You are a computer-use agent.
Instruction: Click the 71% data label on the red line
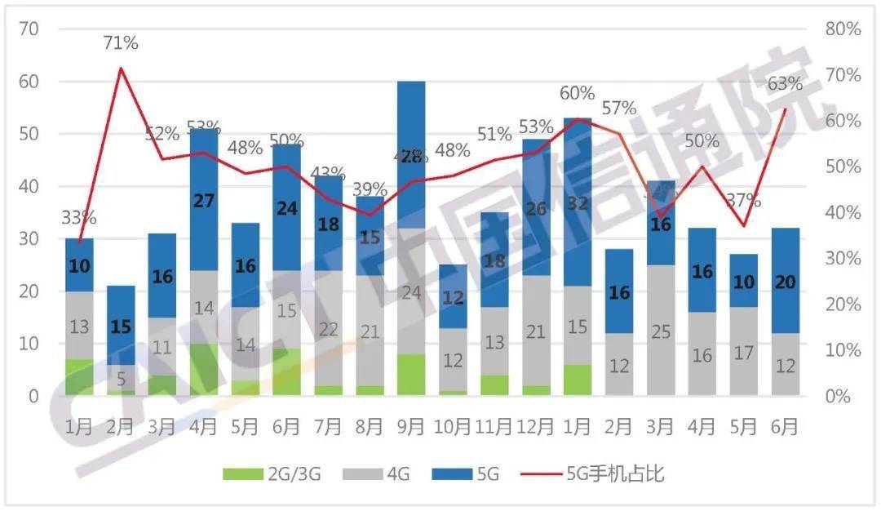pyautogui.click(x=121, y=43)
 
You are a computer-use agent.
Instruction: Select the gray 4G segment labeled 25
pyautogui.click(x=661, y=331)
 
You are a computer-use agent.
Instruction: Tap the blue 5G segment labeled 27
pyautogui.click(x=203, y=200)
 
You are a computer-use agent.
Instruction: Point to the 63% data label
pyautogui.click(x=785, y=83)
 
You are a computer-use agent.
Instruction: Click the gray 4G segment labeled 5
pyautogui.click(x=121, y=378)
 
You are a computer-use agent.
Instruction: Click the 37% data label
pyautogui.click(x=743, y=200)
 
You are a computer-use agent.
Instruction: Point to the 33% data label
pyautogui.click(x=79, y=217)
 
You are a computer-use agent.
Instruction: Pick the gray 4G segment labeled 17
pyautogui.click(x=743, y=351)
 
